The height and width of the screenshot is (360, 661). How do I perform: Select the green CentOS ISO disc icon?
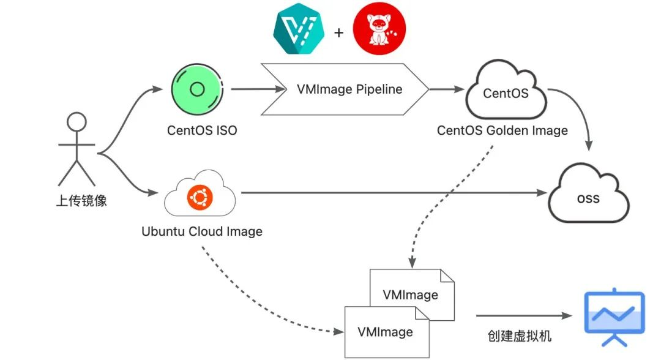click(x=196, y=90)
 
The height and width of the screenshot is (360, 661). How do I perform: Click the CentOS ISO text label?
click(x=202, y=130)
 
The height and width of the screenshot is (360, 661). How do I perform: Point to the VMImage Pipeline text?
click(x=349, y=89)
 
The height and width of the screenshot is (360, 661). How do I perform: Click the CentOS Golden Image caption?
click(x=502, y=130)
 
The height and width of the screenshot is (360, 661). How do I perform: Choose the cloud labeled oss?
click(x=588, y=198)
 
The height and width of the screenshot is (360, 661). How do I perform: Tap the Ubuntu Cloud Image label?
click(x=202, y=231)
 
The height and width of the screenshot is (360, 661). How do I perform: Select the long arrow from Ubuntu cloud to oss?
click(x=392, y=193)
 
